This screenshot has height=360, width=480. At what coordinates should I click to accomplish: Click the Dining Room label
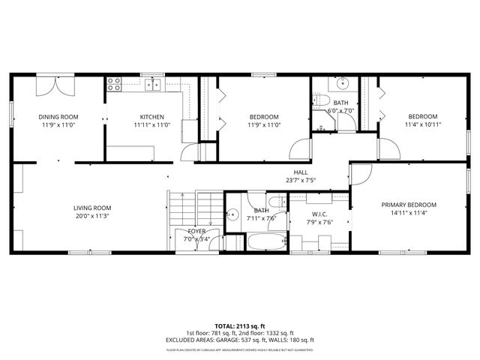(58, 117)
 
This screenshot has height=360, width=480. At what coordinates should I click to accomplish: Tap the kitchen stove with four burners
(114, 84)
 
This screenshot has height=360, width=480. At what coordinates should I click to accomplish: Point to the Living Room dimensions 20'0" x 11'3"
(92, 216)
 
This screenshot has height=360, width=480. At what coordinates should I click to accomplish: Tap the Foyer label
(196, 232)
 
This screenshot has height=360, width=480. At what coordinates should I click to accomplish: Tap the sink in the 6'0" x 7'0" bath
(343, 82)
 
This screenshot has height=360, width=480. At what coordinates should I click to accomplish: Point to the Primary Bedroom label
(408, 205)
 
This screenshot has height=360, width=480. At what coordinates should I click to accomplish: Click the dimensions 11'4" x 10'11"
(422, 124)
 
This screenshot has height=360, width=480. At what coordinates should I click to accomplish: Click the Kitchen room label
(151, 117)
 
